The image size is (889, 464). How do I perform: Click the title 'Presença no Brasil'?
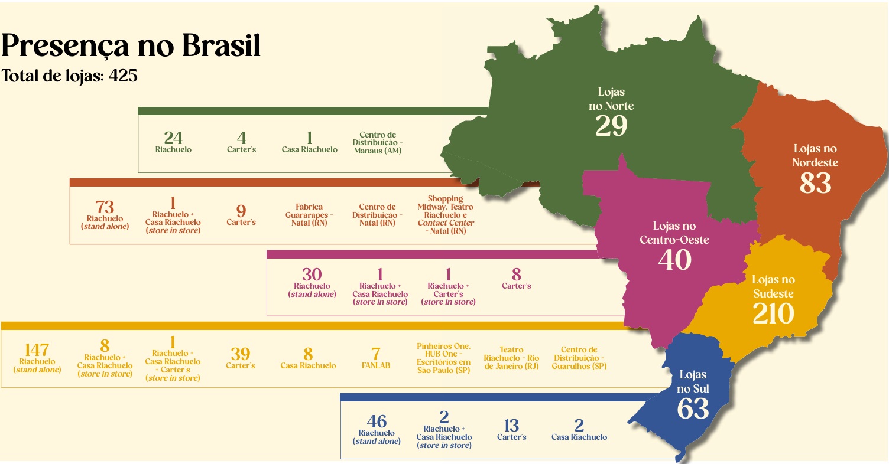(131, 45)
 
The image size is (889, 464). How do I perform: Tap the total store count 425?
(123, 76)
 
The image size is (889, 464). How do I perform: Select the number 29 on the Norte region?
(611, 126)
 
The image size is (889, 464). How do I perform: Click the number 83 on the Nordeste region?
(815, 183)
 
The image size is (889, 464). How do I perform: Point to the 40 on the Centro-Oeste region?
(674, 260)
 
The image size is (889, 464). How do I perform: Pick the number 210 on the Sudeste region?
(773, 313)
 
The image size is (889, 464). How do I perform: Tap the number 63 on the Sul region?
(693, 409)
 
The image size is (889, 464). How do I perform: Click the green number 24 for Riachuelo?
(173, 138)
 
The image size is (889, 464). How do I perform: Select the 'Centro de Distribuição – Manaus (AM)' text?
(378, 143)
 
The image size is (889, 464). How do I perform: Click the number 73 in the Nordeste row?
(105, 207)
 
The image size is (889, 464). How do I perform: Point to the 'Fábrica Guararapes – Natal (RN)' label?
(309, 215)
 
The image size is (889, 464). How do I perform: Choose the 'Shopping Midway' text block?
(446, 215)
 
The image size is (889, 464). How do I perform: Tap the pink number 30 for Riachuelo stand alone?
(312, 275)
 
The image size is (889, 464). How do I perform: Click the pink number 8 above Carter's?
(517, 274)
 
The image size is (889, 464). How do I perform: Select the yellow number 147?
(37, 350)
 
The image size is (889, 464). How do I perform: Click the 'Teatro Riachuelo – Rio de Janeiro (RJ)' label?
(511, 358)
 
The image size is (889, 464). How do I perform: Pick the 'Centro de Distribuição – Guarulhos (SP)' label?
(579, 358)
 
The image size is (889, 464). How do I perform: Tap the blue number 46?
(377, 421)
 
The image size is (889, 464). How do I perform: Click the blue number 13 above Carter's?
(511, 426)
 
